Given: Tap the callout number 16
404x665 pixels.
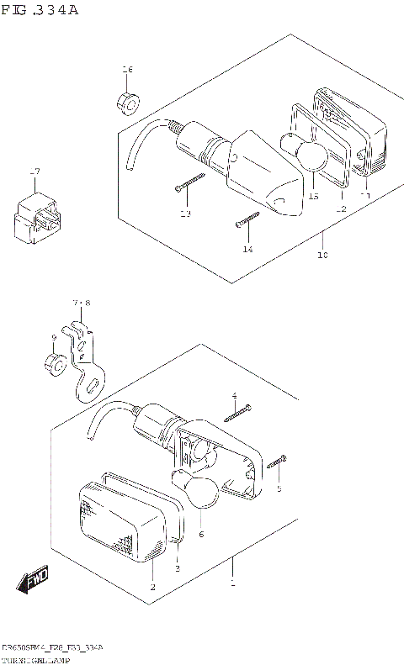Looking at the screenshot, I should click(127, 69).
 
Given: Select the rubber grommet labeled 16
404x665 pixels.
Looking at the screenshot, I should click(128, 102).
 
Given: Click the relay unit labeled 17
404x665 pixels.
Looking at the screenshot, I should click(36, 216).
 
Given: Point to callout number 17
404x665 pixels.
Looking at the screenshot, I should click(35, 172).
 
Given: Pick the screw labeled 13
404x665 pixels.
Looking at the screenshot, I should click(190, 182).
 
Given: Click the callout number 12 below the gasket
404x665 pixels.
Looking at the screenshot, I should click(341, 208).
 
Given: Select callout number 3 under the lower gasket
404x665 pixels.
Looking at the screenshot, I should click(177, 568).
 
